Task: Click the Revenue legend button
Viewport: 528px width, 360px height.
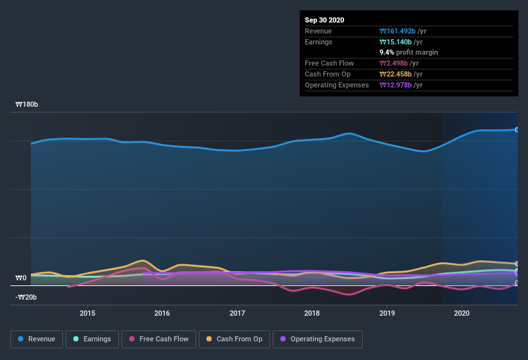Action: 37,339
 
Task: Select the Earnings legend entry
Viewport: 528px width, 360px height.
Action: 92,339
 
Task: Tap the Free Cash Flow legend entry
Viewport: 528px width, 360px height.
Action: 158,339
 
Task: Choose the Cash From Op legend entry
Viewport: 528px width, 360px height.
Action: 234,339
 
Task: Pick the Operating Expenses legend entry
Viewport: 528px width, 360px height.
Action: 317,339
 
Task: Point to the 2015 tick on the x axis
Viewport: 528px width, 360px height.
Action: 87,313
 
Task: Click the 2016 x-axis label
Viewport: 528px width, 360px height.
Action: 162,313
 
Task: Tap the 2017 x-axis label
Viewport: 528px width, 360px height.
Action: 237,313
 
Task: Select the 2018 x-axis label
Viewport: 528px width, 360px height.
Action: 312,313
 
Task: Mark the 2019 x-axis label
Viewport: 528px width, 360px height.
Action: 387,313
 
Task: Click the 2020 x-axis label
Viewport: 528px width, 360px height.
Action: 462,313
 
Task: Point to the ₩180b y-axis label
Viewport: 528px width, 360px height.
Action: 26,104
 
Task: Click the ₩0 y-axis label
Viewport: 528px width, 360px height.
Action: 21,278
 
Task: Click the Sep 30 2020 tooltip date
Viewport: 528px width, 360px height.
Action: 325,20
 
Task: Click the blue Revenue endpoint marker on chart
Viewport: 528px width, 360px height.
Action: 516,129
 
